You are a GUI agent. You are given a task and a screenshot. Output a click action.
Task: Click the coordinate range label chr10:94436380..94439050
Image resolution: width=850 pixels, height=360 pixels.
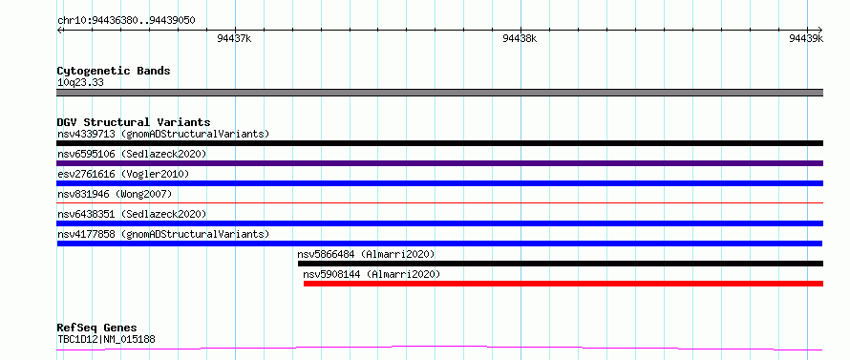click(x=126, y=21)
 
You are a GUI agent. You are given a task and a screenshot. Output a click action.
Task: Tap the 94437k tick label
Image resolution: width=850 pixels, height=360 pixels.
click(x=234, y=38)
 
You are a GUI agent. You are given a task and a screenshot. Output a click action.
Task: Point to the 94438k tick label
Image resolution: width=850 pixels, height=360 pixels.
click(x=521, y=38)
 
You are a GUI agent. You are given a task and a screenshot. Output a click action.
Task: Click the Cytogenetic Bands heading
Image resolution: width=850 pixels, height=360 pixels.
click(x=114, y=71)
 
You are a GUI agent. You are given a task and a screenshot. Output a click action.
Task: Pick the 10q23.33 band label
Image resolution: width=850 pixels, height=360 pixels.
click(x=80, y=83)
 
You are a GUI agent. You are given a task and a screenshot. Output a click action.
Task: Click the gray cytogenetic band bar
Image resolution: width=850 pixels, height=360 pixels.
click(x=440, y=93)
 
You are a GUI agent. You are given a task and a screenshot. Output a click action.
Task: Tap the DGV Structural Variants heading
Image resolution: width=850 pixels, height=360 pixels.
click(x=134, y=122)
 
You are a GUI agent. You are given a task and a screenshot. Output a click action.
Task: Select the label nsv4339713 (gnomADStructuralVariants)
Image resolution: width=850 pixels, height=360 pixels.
click(x=163, y=134)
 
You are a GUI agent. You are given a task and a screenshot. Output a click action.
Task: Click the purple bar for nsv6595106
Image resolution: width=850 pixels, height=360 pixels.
click(x=440, y=163)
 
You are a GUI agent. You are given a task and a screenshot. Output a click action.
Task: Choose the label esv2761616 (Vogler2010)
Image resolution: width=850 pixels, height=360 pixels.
click(x=123, y=174)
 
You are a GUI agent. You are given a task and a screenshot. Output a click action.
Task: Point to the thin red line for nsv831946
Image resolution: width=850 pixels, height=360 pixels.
click(x=440, y=202)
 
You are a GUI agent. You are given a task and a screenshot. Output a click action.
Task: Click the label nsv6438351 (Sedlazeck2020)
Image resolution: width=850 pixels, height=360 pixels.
click(x=132, y=214)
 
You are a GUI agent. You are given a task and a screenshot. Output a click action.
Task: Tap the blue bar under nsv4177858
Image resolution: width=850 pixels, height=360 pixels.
click(x=440, y=244)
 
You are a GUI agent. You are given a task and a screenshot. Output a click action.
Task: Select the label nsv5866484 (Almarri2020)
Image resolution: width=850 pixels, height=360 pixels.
click(x=366, y=254)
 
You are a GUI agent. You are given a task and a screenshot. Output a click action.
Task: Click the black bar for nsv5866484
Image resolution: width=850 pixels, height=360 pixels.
click(x=561, y=264)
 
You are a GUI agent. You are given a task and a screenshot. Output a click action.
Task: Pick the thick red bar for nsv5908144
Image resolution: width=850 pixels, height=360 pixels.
click(x=563, y=284)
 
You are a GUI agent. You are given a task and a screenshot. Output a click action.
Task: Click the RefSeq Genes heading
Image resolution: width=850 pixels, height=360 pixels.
click(x=96, y=328)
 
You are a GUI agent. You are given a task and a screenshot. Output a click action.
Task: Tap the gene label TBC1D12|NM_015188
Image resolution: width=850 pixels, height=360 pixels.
click(x=107, y=340)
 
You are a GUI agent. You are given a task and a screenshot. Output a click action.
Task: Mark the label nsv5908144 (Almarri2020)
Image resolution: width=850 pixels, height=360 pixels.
click(x=372, y=274)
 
